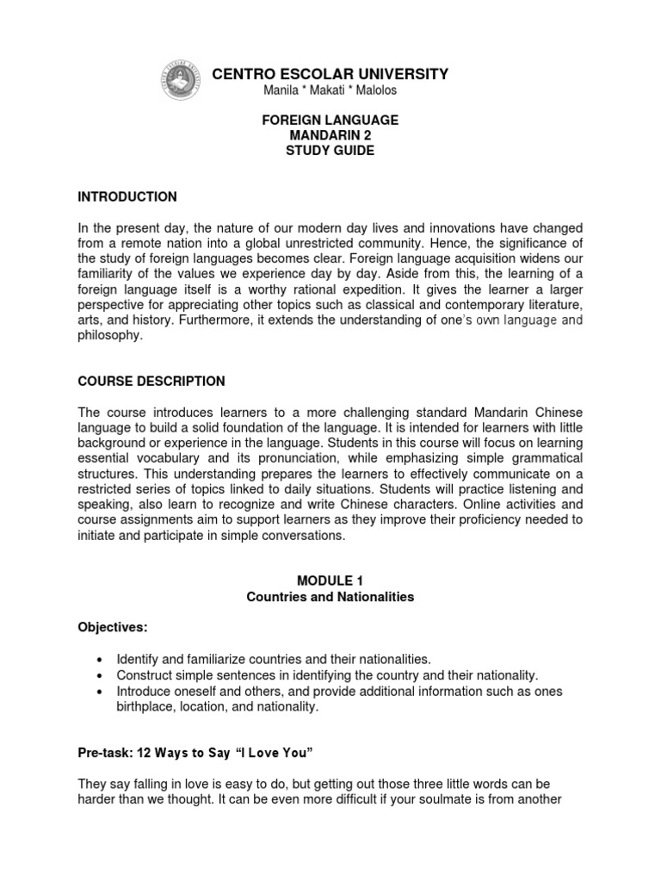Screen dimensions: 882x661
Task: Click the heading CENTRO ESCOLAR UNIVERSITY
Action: point(330,74)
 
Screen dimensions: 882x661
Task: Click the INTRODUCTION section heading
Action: point(127,196)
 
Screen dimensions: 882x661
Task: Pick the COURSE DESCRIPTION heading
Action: point(151,381)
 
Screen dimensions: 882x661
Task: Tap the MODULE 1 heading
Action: point(330,581)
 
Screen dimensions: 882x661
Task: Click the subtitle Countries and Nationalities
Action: point(330,597)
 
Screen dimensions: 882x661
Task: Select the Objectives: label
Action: point(108,628)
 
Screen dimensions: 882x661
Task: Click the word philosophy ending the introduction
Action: point(109,336)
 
